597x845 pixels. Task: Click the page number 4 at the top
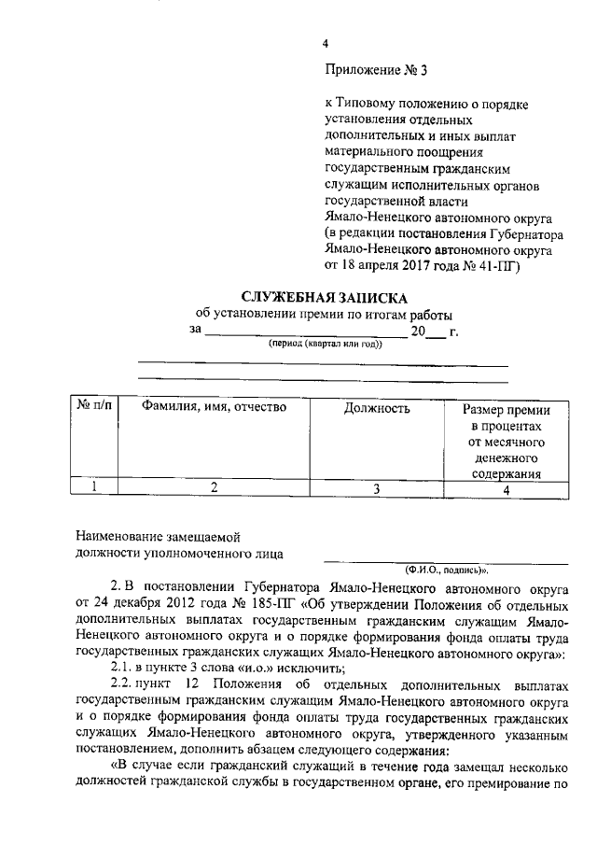tap(326, 43)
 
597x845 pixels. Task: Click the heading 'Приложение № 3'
tap(372, 69)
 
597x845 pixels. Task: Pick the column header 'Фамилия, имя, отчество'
tap(214, 408)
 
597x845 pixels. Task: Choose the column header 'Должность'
tap(377, 408)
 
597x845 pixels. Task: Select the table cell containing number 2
tap(214, 486)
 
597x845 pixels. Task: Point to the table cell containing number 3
tap(377, 486)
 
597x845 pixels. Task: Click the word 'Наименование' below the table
tap(119, 536)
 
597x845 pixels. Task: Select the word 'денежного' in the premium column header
tap(507, 458)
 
